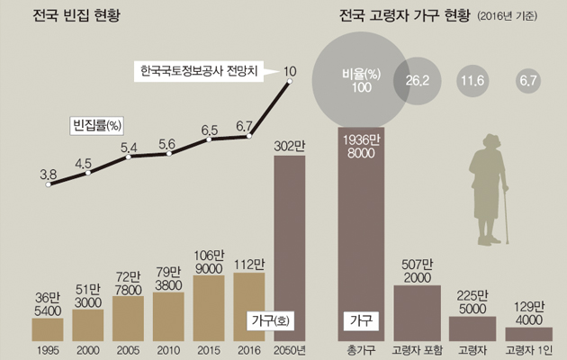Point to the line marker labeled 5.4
129,157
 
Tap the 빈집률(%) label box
97,125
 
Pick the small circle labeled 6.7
527,82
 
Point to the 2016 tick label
249,349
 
